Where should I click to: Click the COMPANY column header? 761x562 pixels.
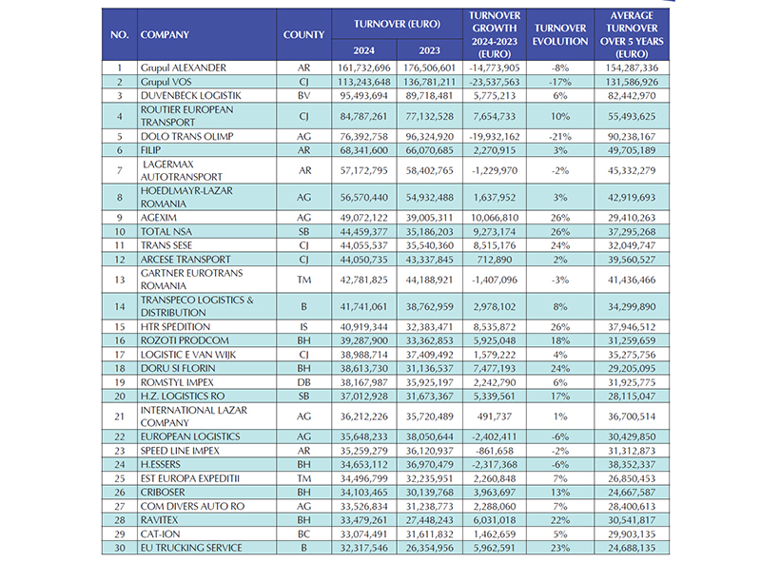[x=165, y=35]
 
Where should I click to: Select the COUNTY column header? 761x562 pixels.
[x=304, y=35]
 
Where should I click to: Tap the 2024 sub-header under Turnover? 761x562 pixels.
[x=361, y=49]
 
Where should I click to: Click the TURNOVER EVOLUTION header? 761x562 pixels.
[x=560, y=35]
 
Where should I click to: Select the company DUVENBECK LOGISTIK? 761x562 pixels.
[x=190, y=96]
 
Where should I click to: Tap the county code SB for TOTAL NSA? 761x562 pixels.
[x=304, y=231]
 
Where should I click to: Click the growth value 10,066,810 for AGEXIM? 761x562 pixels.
[x=493, y=217]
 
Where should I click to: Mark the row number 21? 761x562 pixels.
[x=119, y=416]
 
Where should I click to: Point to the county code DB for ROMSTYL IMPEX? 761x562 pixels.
[x=304, y=380]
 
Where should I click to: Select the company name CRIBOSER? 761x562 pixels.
[x=165, y=492]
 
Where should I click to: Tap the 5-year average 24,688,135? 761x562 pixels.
[x=632, y=548]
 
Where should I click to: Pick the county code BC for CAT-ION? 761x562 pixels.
[x=304, y=533]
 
